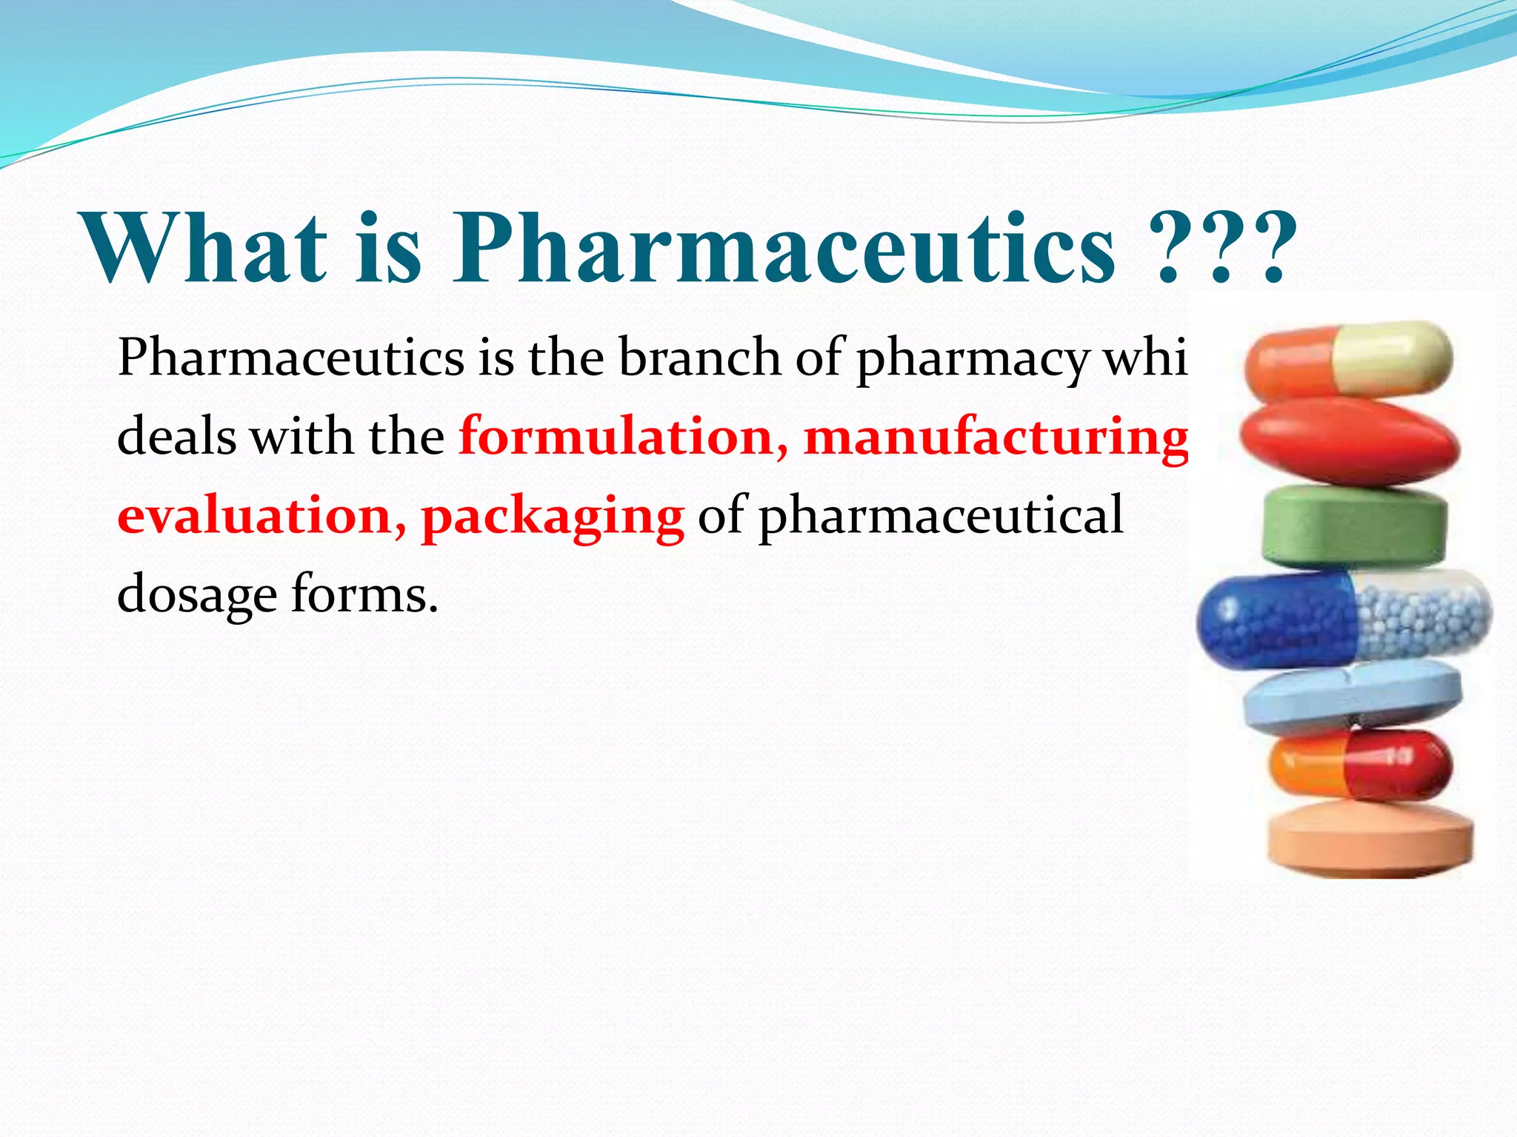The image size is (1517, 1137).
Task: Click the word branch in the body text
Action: (699, 358)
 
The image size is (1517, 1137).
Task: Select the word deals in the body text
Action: (176, 437)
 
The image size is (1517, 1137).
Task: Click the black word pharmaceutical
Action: (941, 517)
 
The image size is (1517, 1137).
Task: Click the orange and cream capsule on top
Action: (1348, 360)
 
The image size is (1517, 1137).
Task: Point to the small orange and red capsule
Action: (1360, 766)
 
